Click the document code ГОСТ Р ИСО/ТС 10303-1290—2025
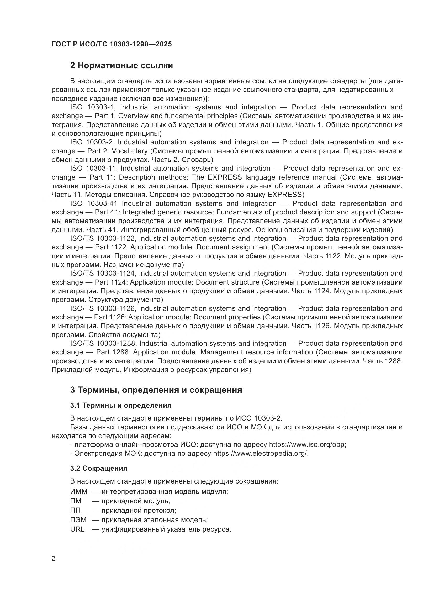tap(112, 44)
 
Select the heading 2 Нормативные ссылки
tap(121, 66)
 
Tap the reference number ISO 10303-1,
tap(93, 107)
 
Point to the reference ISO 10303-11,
tap(94, 169)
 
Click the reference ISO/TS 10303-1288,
tap(103, 344)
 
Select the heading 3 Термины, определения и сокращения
tap(156, 390)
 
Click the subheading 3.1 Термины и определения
tap(120, 406)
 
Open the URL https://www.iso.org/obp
tap(307, 445)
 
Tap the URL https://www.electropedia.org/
tap(261, 454)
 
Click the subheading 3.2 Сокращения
tap(99, 469)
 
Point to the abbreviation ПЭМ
tap(78, 520)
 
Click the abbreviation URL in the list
tap(77, 529)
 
